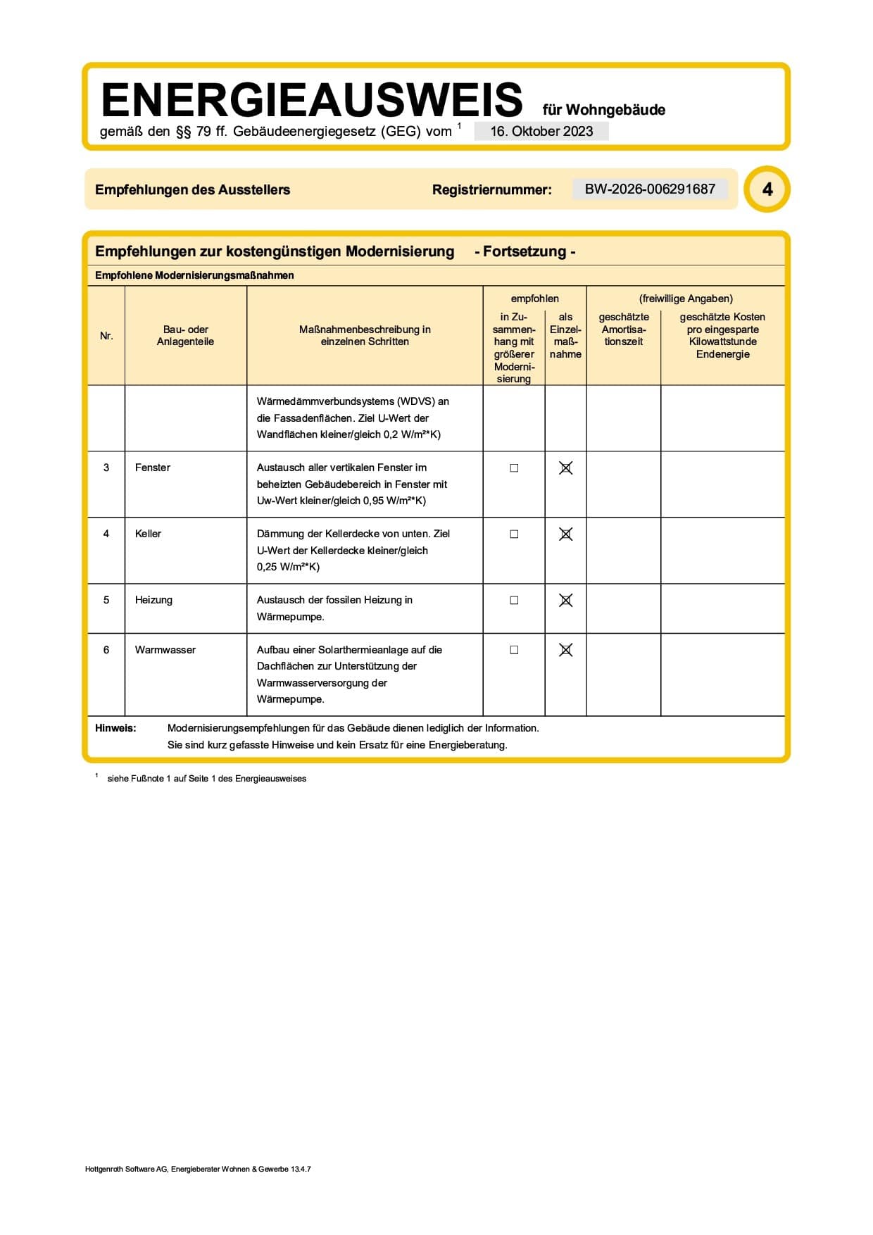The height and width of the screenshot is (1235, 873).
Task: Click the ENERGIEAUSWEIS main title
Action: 312,100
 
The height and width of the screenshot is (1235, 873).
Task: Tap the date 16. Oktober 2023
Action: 541,132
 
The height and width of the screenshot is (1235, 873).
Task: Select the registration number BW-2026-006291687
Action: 650,189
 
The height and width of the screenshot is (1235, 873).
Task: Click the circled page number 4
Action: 767,189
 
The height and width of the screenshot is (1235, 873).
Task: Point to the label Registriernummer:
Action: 491,189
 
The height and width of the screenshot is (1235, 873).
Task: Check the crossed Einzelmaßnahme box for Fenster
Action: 565,468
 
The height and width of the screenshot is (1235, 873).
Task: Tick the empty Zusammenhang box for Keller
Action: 514,534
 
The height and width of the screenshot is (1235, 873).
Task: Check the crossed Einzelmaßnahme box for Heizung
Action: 565,601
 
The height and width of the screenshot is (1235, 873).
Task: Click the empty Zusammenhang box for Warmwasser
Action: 514,650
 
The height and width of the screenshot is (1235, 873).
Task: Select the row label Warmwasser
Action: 165,650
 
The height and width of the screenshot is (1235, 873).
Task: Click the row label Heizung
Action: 153,600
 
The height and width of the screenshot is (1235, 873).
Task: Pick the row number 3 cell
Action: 106,468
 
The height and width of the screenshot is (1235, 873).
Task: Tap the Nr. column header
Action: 106,336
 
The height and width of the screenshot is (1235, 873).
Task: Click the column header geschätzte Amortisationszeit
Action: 624,330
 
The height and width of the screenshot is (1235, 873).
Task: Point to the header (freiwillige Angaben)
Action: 686,299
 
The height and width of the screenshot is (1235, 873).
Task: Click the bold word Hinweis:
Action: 115,728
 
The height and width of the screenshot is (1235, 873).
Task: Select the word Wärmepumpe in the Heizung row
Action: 290,617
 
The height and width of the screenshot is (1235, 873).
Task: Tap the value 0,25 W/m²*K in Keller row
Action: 287,567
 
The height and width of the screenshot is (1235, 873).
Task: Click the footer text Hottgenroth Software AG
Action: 126,1169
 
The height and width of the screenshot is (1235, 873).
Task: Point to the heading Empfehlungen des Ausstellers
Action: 192,189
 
